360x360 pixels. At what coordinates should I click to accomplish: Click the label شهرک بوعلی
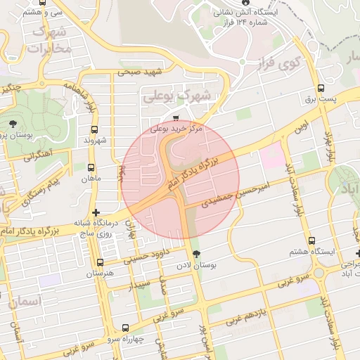coord(167,96)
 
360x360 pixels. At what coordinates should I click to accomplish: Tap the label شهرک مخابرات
coord(48,40)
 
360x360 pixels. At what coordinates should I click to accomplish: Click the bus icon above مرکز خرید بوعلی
coord(175,118)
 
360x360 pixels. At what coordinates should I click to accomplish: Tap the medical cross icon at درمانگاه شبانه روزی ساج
coord(96,212)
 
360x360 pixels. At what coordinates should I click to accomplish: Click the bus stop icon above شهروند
coord(95,129)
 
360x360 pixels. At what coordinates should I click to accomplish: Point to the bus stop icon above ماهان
coord(91,167)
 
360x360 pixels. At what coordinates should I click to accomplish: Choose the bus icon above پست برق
coord(321,89)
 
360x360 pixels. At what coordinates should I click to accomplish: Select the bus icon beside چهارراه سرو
coord(125,328)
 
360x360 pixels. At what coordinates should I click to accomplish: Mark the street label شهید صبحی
coord(140,72)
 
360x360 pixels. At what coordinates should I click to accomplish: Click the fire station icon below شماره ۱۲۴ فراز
coord(244,61)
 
